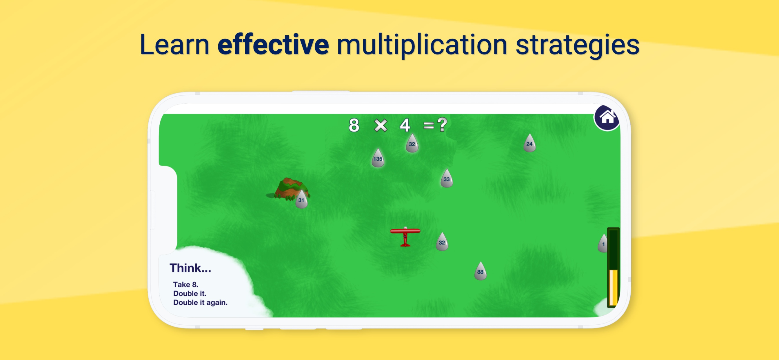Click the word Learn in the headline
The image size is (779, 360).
(174, 44)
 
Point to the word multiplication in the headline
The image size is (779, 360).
(422, 46)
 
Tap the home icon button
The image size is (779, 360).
(607, 118)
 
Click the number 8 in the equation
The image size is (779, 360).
(354, 125)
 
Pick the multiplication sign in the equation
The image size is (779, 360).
(381, 125)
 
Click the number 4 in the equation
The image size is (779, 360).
(405, 125)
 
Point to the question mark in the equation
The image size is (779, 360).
(442, 124)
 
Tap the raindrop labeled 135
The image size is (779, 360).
(378, 158)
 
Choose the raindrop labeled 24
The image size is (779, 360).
(529, 143)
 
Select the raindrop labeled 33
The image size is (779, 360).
(447, 179)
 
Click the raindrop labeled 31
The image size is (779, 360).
(301, 199)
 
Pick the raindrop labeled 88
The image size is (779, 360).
(480, 271)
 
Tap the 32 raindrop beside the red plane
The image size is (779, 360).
(442, 242)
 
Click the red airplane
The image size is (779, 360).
(405, 237)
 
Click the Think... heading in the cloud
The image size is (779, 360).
(190, 268)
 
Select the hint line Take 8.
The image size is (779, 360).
(186, 284)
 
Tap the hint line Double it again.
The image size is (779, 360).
(200, 302)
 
